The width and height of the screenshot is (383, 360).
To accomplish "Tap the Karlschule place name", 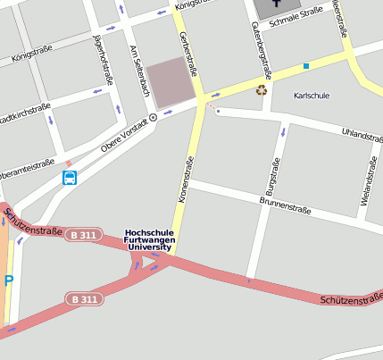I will [312, 94].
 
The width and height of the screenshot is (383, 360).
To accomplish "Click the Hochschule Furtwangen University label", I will [150, 238].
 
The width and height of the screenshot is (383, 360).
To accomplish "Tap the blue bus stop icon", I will [70, 178].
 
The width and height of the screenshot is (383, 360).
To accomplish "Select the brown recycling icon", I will [262, 89].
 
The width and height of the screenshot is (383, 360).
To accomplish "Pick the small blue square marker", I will [305, 66].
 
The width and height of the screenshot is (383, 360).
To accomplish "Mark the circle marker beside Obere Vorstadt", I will [153, 116].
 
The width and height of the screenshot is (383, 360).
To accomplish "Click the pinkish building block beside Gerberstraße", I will [171, 82].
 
